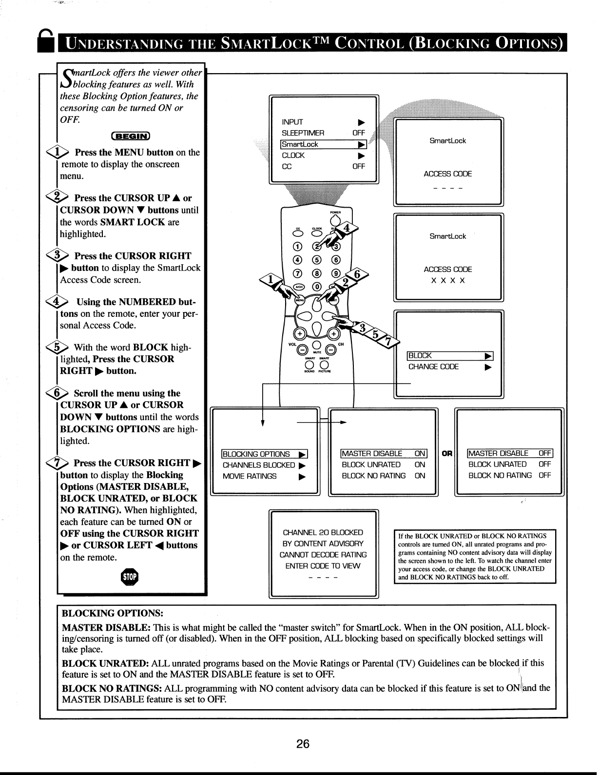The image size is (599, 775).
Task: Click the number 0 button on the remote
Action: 317,286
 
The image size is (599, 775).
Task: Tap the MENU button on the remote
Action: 299,300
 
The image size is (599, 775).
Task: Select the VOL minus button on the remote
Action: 303,349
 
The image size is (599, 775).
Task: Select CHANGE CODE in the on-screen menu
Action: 433,367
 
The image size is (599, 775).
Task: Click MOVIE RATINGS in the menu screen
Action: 250,476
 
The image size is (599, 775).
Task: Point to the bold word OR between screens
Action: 446,454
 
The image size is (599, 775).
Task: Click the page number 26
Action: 303,744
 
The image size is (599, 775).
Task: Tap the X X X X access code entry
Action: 448,281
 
